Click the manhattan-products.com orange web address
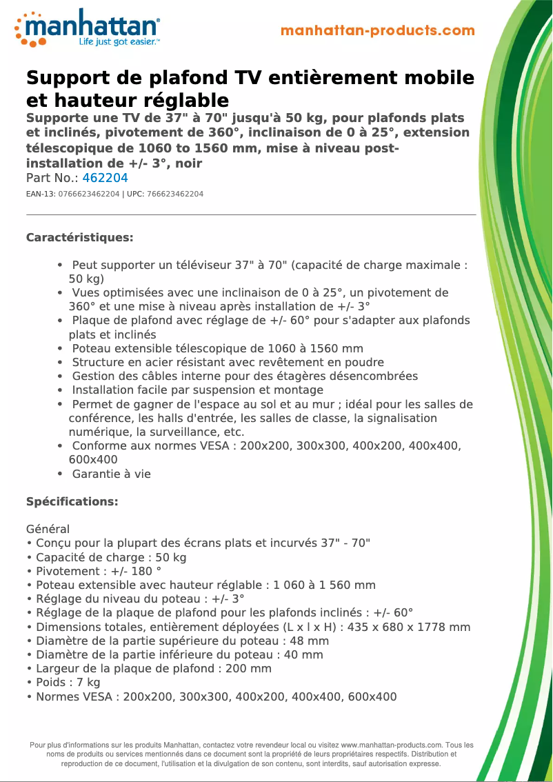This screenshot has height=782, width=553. [378, 30]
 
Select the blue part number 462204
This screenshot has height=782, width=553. [105, 178]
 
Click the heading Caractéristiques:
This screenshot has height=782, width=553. [79, 238]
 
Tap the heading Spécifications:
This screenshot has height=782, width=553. [72, 501]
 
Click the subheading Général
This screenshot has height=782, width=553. [48, 530]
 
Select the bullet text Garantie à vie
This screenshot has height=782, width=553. [111, 474]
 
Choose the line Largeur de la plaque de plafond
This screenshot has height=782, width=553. [148, 668]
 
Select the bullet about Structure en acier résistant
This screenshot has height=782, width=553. [228, 362]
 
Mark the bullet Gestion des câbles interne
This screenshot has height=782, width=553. [245, 376]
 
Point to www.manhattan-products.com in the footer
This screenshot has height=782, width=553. [391, 745]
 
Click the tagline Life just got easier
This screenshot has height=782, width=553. [119, 42]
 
